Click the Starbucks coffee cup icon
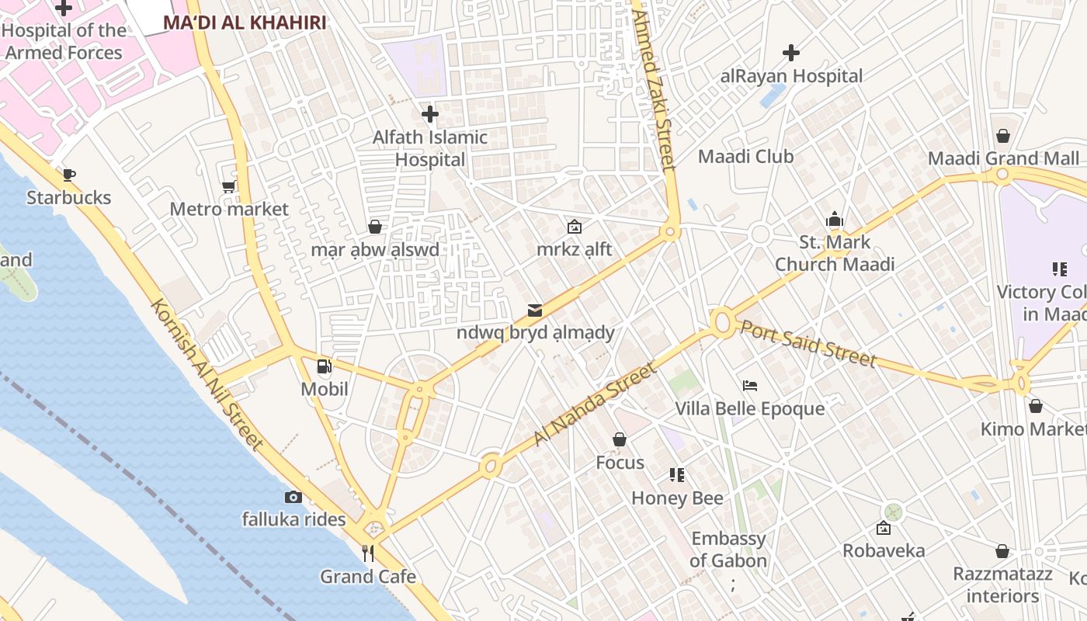[68, 175]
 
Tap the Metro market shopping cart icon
[228, 186]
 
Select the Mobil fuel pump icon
[325, 366]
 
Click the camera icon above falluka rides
[293, 497]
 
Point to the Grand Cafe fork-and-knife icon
[368, 553]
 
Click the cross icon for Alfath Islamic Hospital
[429, 115]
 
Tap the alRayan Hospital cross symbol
[791, 53]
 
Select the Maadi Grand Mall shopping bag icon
[1003, 136]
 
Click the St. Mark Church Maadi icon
[835, 219]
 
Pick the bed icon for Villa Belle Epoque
[749, 385]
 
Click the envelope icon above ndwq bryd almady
[535, 310]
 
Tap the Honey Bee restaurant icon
[677, 474]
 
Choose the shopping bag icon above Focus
[620, 440]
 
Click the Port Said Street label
[807, 342]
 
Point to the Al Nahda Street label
[594, 404]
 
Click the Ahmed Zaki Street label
[654, 89]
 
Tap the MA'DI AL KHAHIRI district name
[245, 23]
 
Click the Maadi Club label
[745, 157]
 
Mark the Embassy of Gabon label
[728, 550]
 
